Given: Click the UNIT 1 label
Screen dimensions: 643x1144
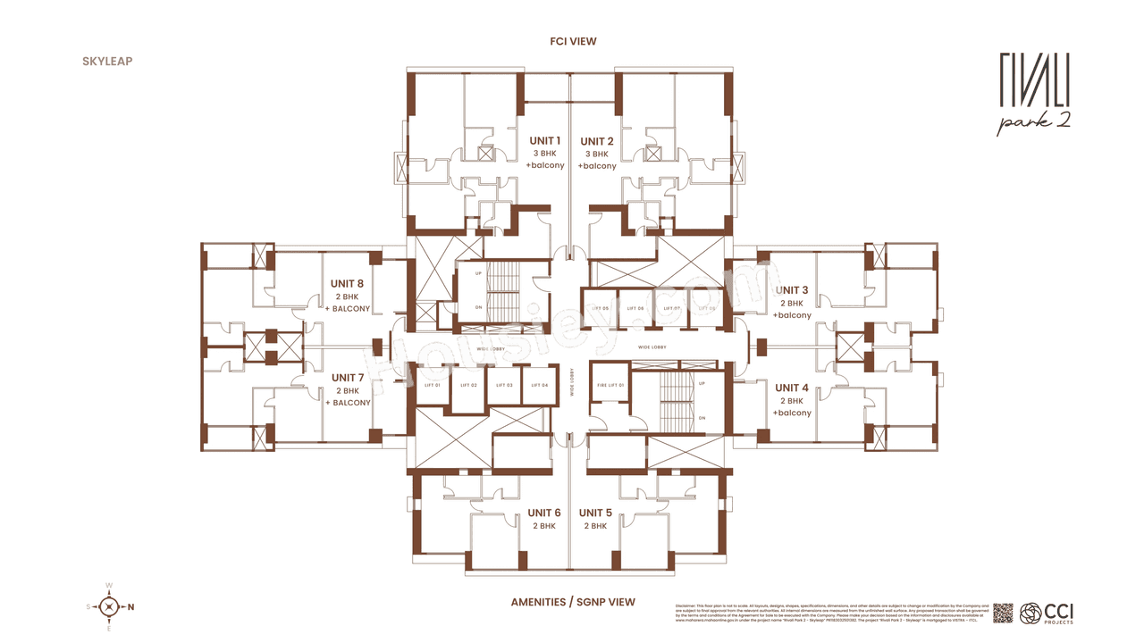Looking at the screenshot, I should (545, 141).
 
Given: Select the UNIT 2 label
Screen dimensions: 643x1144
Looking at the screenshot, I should (597, 141).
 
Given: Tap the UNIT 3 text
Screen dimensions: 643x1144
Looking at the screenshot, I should (792, 290).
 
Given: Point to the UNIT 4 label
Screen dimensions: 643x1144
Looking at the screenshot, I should (792, 388).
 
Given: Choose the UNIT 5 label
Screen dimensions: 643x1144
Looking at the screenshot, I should (595, 513).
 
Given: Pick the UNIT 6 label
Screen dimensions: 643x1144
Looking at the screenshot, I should (544, 513).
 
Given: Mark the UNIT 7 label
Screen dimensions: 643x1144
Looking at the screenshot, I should (348, 378).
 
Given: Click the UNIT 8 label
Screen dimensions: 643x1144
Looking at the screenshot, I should (348, 284).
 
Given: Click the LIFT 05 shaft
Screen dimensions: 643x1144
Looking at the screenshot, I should (600, 309).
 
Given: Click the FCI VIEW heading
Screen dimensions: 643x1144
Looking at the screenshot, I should (573, 41).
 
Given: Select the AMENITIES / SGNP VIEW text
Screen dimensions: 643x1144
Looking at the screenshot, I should (573, 602).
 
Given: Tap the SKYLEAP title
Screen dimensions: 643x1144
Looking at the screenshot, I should (106, 62).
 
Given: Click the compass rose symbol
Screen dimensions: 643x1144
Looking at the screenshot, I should (109, 607).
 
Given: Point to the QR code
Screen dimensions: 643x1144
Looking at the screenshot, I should (1003, 614).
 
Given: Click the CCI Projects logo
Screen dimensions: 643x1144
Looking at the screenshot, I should (1047, 614).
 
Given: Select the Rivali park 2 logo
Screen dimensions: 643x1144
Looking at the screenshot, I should (1034, 94).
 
